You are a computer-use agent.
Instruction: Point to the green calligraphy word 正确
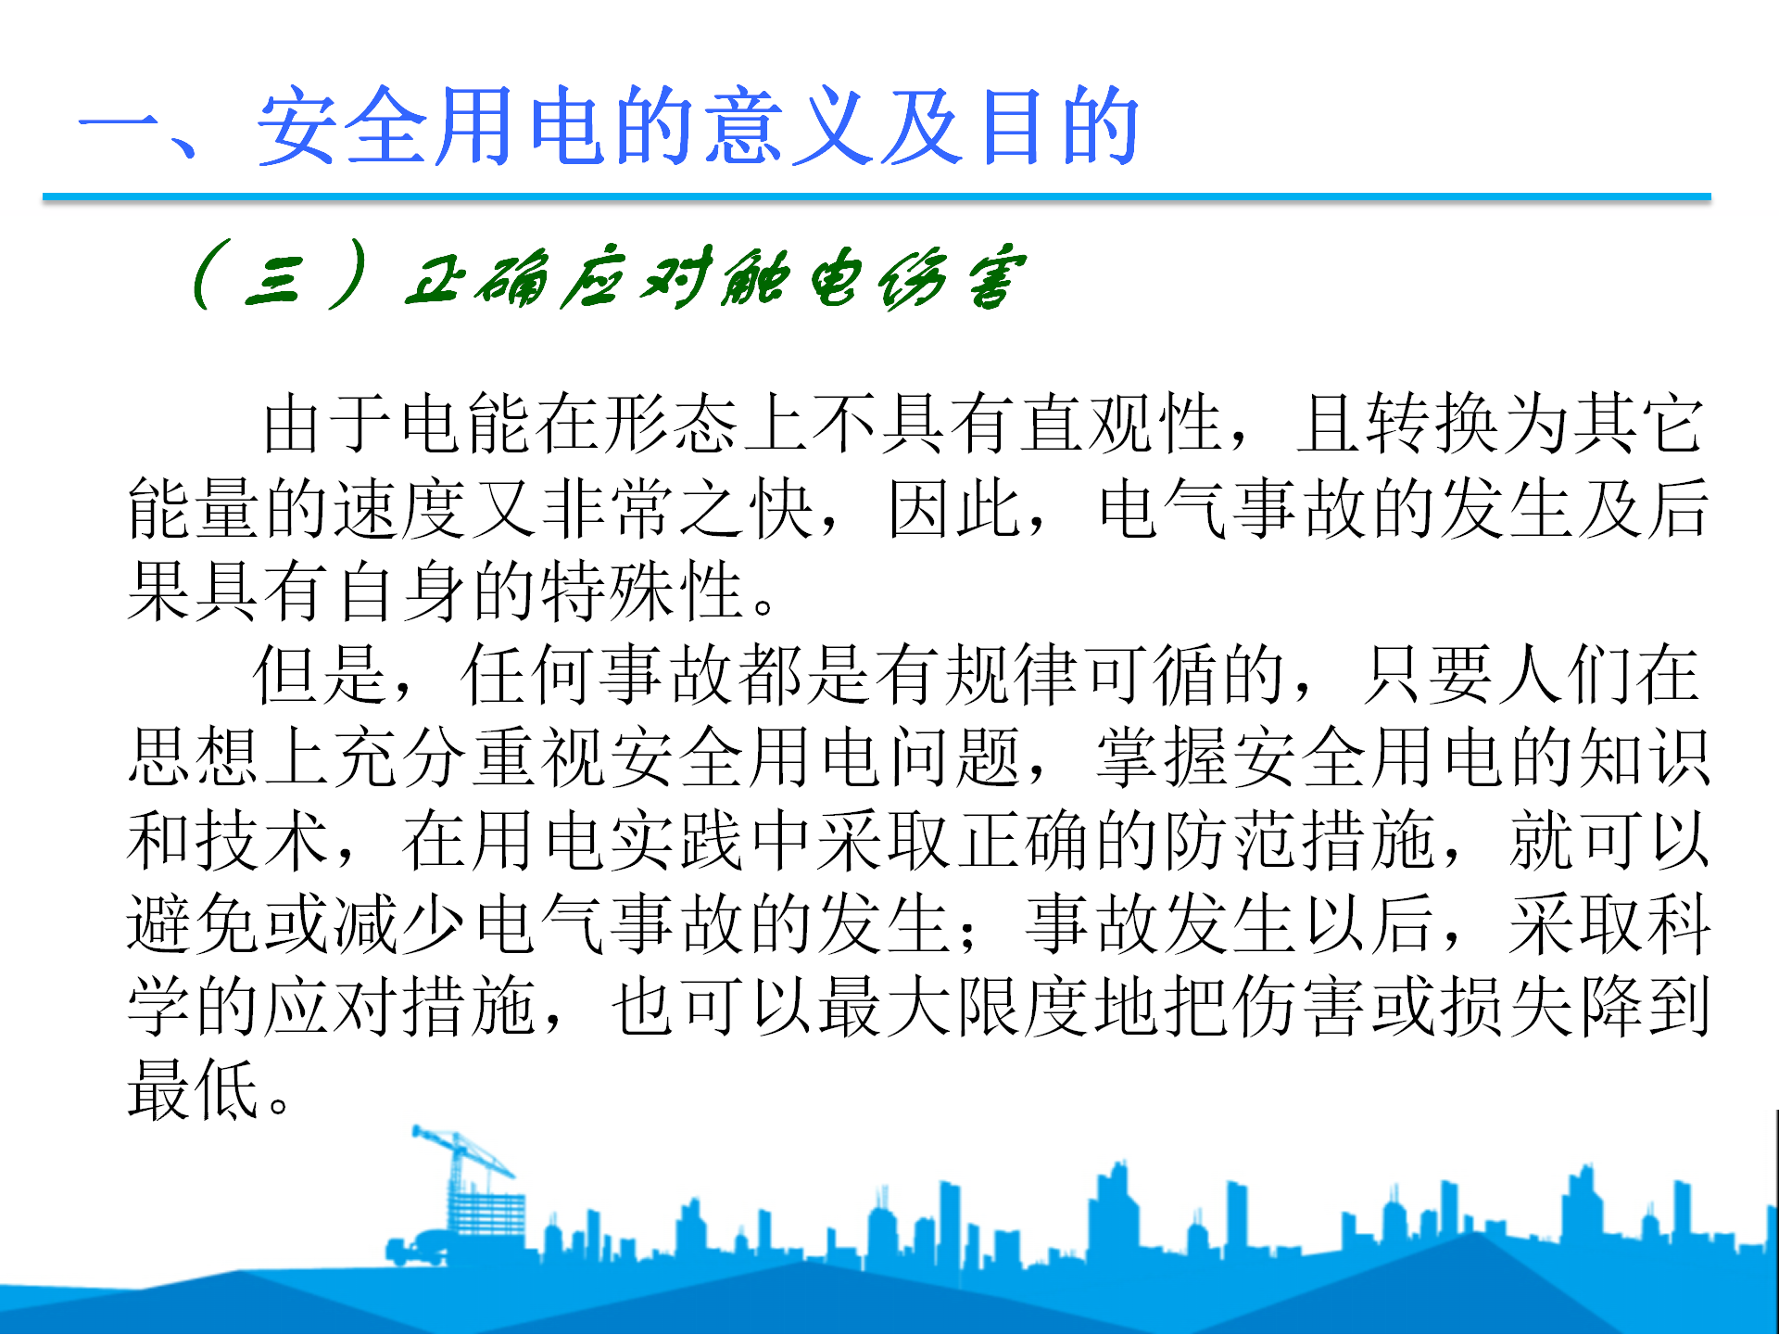click(477, 278)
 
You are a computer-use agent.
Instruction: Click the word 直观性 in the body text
click(1122, 424)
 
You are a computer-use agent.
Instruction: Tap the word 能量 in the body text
click(196, 507)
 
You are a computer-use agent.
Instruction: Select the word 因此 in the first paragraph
click(955, 507)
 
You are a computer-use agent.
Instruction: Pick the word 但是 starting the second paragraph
click(320, 674)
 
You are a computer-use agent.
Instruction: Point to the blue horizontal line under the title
click(877, 197)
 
